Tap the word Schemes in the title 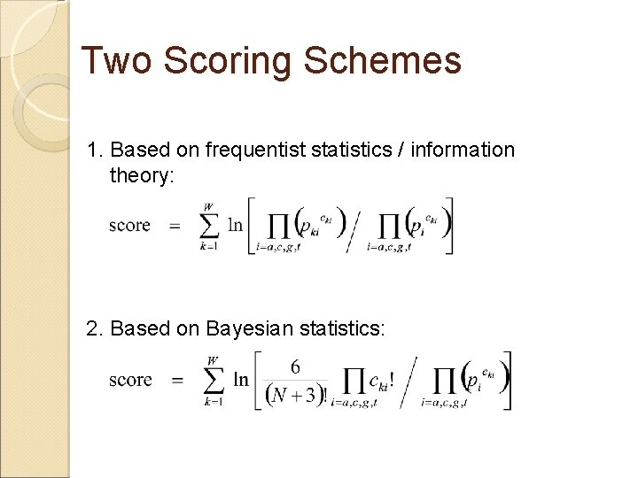point(383,61)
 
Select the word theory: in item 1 point(143,176)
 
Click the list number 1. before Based point(96,150)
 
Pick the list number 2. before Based point(96,329)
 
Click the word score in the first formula point(129,225)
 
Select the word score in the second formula point(130,380)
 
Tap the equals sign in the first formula point(174,226)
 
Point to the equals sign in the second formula point(177,381)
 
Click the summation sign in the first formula point(210,225)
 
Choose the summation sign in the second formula point(213,380)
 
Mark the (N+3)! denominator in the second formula point(297,396)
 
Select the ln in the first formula point(235,225)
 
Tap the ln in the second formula point(241,380)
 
